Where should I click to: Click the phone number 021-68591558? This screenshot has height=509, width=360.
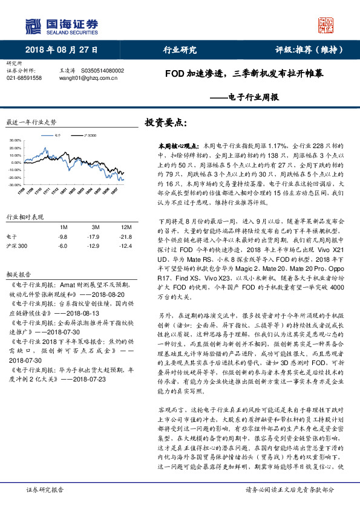point(24,78)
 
